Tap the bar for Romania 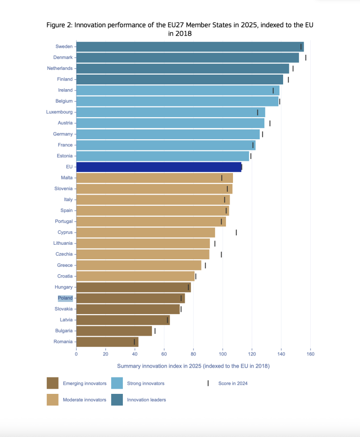coord(107,342)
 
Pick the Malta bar coord(154,178)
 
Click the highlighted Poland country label coord(65,298)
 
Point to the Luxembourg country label coord(60,112)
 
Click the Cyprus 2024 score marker coord(236,233)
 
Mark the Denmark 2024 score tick coord(306,58)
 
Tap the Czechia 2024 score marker coord(221,255)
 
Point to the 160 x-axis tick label coord(310,354)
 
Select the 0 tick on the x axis coord(76,354)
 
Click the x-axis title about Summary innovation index coord(193,366)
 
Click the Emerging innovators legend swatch coord(52,383)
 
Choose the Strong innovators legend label coord(146,384)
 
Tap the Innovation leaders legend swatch coord(117,400)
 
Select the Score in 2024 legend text coord(232,384)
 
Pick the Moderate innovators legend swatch coord(52,400)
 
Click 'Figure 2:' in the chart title coord(60,25)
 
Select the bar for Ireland coord(178,90)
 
